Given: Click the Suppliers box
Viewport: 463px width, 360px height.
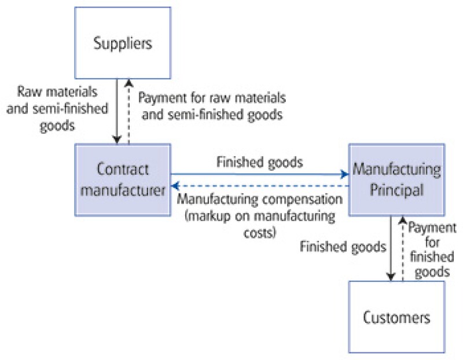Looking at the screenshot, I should click(123, 44).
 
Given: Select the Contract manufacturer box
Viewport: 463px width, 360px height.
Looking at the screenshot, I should click(123, 179).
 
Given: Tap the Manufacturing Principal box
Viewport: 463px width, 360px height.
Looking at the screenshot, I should click(396, 179).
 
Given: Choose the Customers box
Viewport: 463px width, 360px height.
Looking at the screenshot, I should click(396, 317).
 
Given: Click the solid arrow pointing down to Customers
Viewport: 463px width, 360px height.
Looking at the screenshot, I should click(392, 249).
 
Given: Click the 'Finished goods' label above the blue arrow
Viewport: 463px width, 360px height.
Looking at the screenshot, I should click(259, 162).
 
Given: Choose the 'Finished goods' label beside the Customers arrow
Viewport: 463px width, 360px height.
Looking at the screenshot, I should click(343, 247).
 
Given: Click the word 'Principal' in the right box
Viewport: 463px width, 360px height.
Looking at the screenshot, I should click(396, 189).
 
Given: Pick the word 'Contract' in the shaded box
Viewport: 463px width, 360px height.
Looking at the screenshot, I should click(123, 170).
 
